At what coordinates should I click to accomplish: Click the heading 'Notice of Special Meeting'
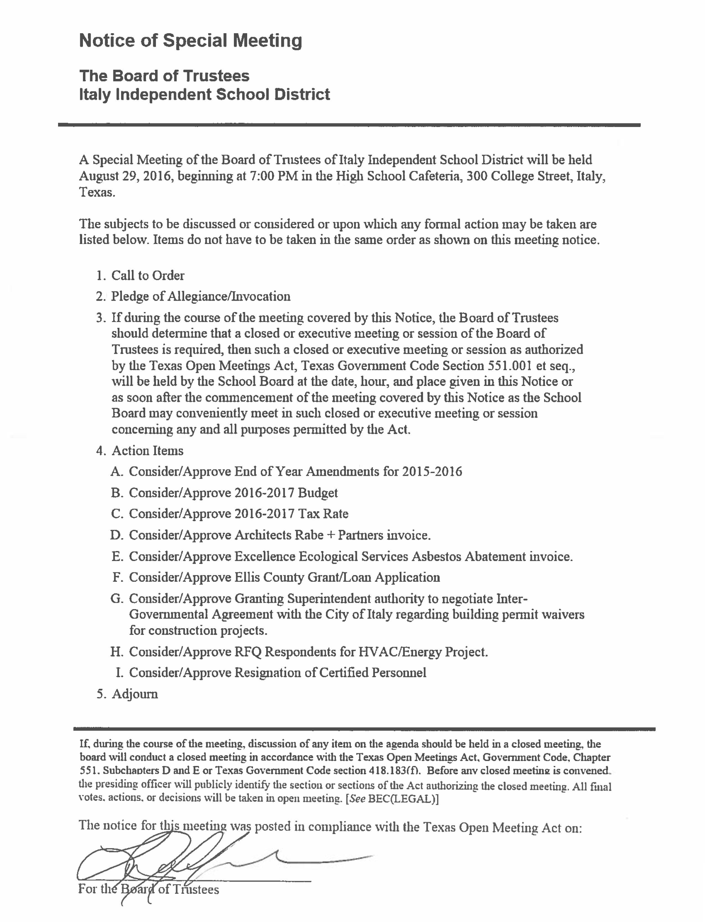tap(190, 41)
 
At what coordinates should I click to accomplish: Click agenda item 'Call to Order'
tap(148, 276)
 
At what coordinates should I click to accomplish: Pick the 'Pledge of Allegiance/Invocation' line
tap(201, 297)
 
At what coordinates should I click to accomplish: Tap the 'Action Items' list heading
tap(147, 451)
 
